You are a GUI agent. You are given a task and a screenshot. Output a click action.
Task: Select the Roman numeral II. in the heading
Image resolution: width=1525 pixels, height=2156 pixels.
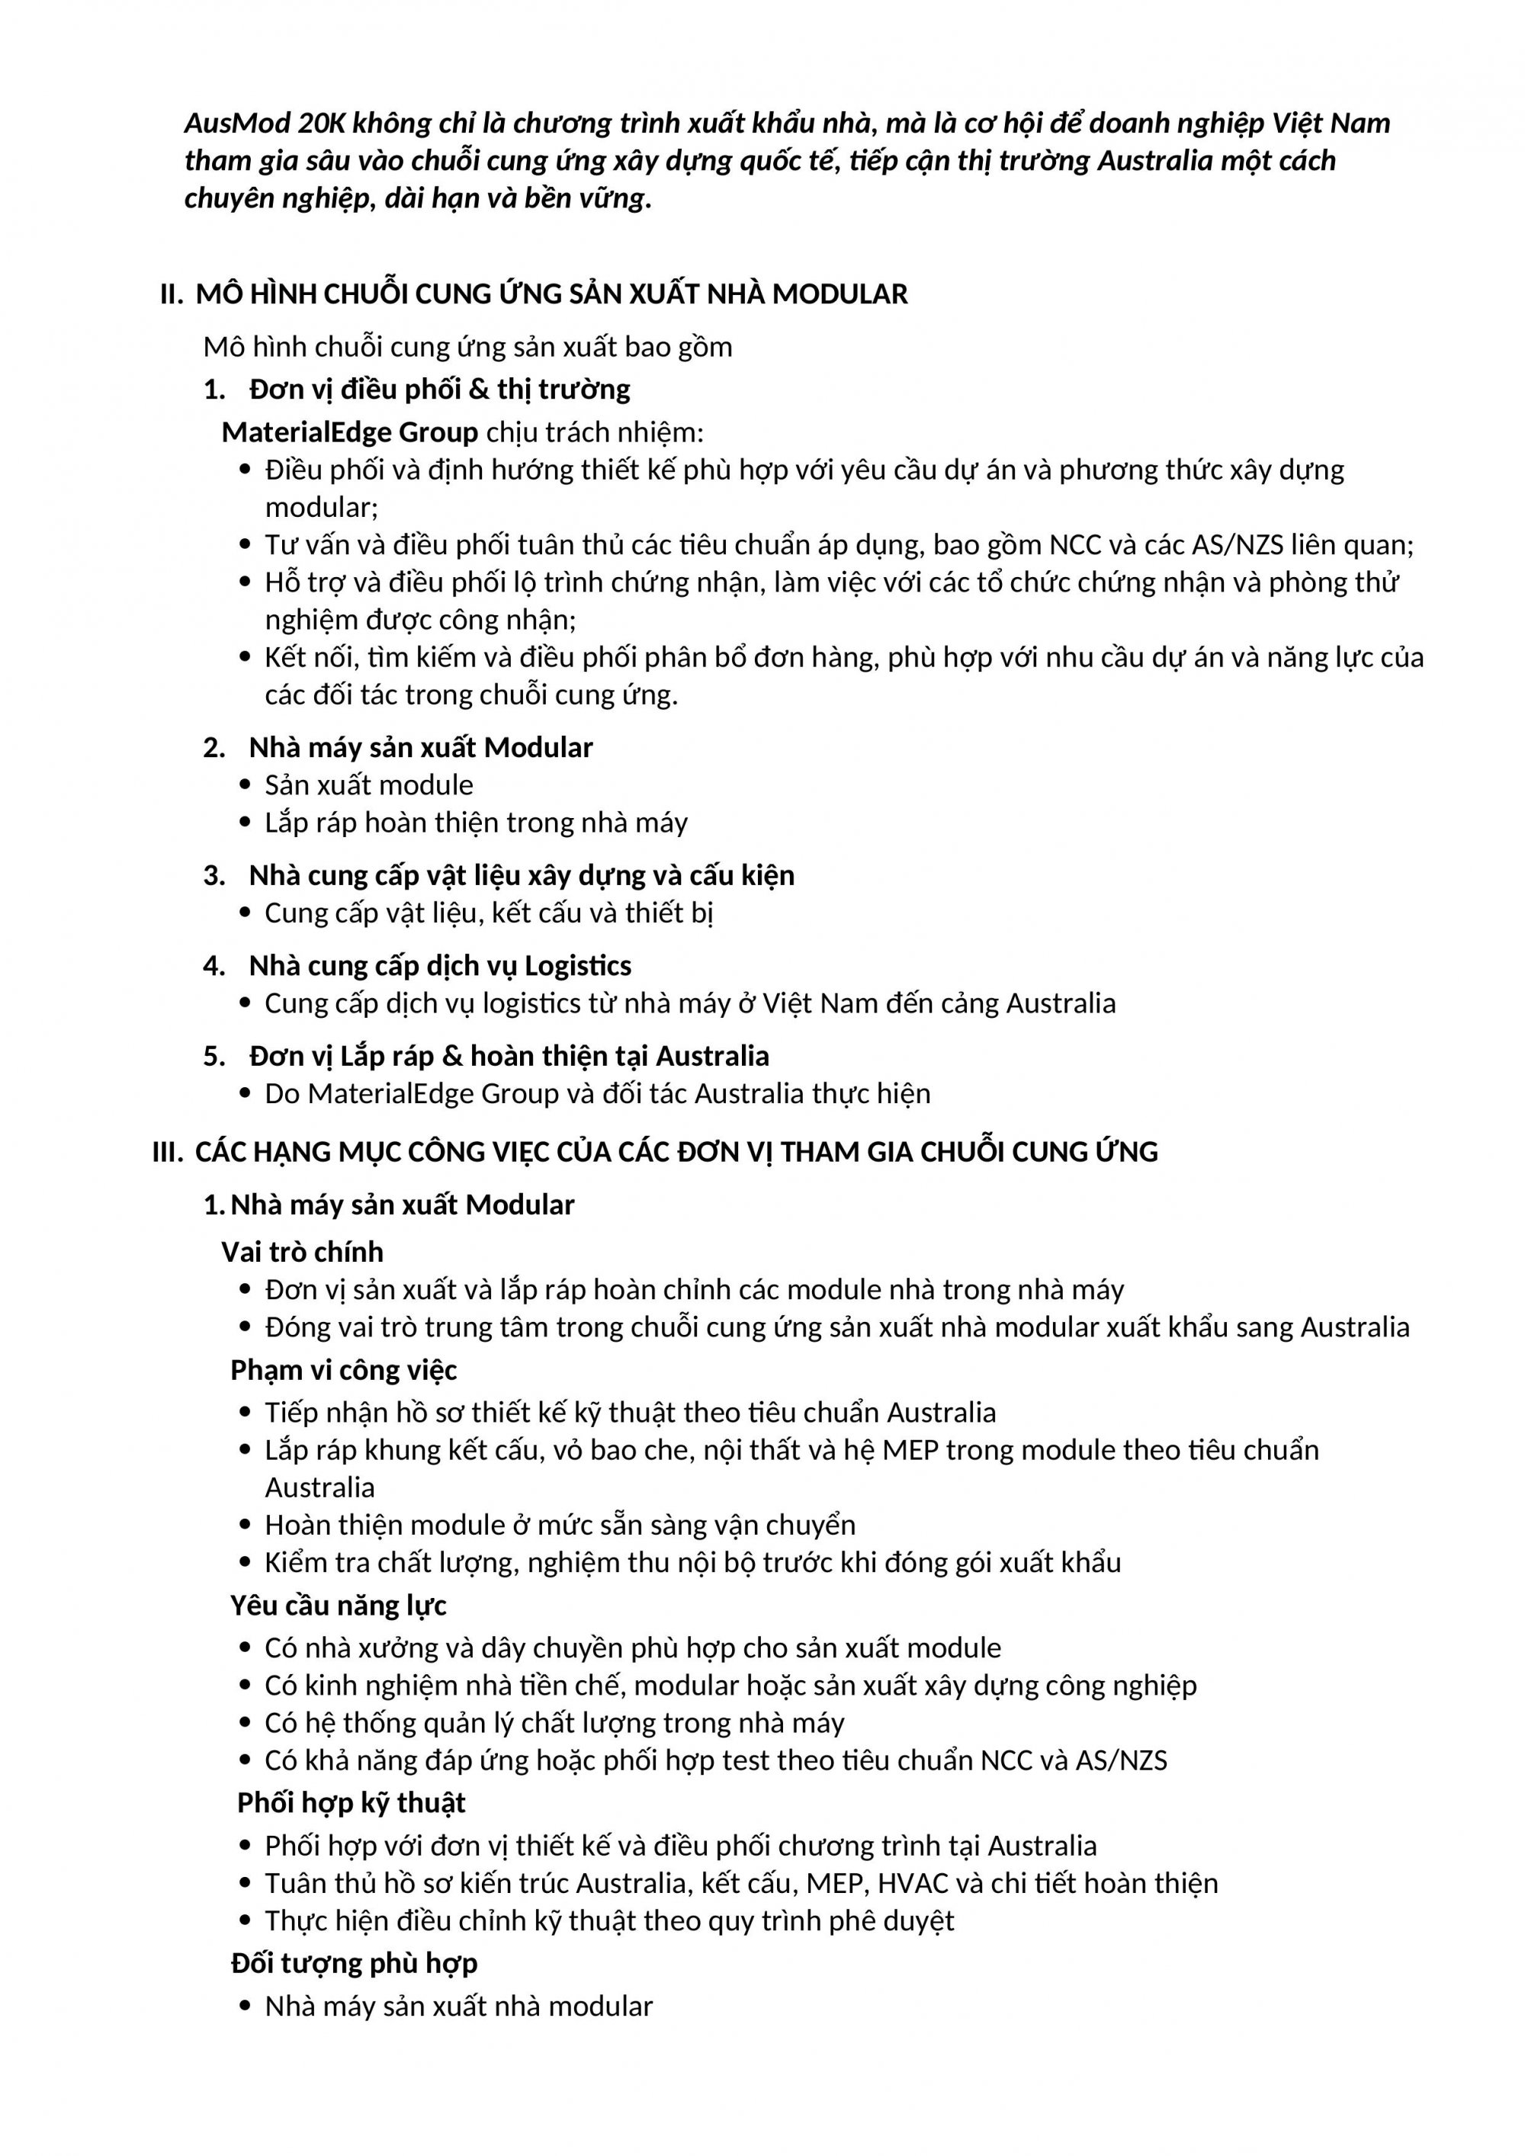click(x=172, y=295)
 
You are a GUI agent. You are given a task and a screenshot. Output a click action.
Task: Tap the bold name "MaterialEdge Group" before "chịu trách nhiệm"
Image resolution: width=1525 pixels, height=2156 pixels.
click(x=349, y=432)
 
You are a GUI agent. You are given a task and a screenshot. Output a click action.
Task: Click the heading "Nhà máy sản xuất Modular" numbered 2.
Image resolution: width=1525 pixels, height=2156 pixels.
click(x=421, y=747)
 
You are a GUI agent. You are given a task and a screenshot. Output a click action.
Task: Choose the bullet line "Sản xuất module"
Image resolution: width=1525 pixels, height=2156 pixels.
click(x=369, y=785)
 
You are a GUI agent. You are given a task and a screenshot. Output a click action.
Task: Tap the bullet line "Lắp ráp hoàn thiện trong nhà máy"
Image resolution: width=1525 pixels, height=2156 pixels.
click(x=476, y=823)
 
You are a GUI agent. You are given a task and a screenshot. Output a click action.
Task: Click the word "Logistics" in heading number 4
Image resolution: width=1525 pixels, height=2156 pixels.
click(x=577, y=965)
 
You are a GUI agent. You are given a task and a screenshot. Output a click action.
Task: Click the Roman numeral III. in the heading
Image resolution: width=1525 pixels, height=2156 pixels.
click(x=168, y=1151)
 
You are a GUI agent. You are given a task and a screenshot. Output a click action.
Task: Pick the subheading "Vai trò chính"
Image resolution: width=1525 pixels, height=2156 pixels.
click(x=303, y=1252)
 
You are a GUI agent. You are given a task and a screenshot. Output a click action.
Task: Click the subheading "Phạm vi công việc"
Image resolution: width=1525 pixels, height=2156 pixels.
click(x=344, y=1370)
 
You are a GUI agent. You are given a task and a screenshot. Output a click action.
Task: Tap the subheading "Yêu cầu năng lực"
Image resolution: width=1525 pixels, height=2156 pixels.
click(x=338, y=1606)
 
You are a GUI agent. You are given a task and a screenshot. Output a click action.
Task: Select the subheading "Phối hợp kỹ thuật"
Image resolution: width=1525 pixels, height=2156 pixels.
click(x=352, y=1803)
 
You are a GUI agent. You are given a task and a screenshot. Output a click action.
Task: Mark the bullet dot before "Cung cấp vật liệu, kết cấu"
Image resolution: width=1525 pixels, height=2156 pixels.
click(x=246, y=913)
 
